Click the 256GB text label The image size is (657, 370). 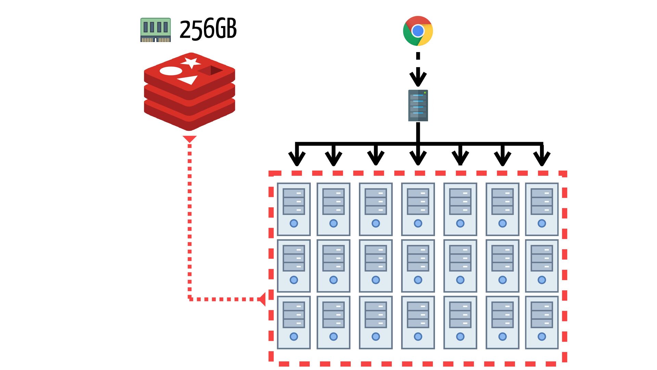208,29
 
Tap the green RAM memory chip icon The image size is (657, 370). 155,30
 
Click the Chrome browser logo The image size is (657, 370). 418,31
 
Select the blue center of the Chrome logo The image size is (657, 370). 418,31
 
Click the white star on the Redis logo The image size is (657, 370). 191,63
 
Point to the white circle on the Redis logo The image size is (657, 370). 171,71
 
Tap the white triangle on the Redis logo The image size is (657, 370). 189,80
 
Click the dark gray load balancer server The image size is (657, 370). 418,106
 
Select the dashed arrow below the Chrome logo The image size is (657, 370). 418,69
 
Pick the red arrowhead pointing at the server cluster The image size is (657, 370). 262,299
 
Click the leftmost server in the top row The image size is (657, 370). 294,209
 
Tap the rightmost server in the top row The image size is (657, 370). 542,209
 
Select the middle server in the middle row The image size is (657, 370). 418,266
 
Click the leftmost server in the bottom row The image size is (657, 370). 294,322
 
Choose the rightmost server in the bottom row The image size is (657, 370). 542,322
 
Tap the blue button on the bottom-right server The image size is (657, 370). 542,336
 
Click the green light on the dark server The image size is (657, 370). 425,92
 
